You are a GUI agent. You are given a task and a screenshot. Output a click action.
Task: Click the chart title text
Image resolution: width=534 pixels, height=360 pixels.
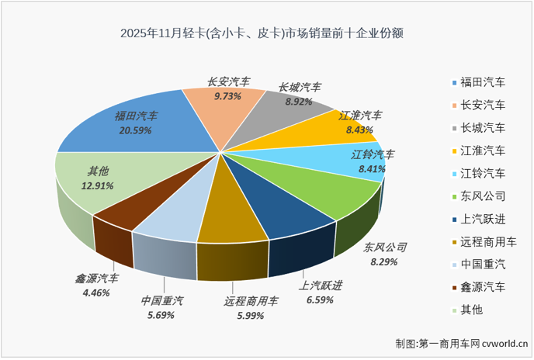pos(265,34)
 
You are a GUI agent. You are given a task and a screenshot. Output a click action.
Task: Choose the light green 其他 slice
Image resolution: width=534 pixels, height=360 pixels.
pos(101,186)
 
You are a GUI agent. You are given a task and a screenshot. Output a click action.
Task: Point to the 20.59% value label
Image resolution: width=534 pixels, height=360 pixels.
pos(136,130)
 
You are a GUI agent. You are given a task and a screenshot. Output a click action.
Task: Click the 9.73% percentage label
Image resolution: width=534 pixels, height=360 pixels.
pos(227,96)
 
